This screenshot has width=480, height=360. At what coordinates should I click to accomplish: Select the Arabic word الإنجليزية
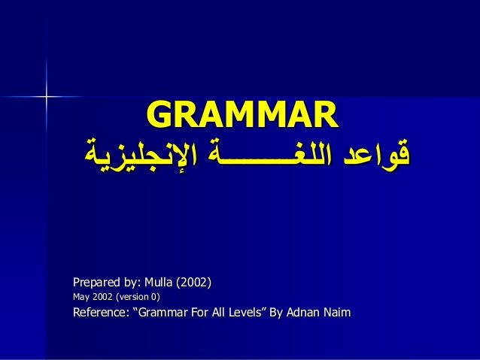tap(141, 156)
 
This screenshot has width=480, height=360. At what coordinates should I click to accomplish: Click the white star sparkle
tap(47, 97)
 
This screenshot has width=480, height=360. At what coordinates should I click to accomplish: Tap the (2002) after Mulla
tap(194, 283)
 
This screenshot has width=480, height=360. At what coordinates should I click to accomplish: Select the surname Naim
tap(337, 313)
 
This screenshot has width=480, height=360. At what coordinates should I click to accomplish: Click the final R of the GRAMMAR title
tap(327, 114)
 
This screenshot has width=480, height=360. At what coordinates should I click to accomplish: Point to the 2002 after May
tap(102, 297)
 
